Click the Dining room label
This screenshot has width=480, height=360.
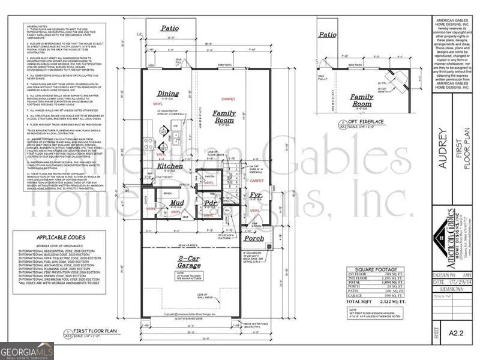pos(168,94)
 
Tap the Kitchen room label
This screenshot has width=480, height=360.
pos(170,166)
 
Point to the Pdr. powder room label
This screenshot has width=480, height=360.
pos(211,203)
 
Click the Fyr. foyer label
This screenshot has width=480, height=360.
pos(256,196)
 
